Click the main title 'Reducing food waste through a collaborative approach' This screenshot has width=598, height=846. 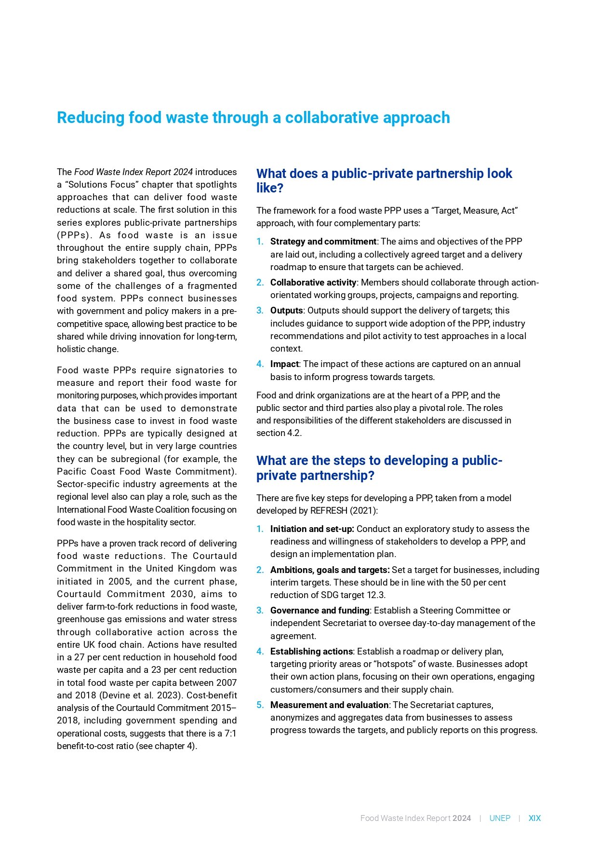coord(253,118)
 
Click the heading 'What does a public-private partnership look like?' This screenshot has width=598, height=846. coord(384,180)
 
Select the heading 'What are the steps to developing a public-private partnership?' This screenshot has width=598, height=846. coord(379,468)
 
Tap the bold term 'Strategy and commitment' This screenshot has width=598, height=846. coord(323,242)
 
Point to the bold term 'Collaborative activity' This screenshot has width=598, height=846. coord(313,283)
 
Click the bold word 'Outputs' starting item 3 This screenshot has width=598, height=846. coord(286,311)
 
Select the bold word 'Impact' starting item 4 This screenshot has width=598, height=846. coord(284,364)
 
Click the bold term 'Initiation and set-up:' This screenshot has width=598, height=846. coord(312,529)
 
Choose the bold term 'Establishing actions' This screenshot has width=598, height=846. coord(311,652)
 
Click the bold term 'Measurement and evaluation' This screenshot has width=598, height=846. coord(329,705)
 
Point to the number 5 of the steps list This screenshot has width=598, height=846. coord(260,705)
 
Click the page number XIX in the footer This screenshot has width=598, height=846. coord(534,818)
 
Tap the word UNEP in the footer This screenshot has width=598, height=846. coord(500,818)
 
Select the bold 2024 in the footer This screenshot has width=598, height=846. coord(462,818)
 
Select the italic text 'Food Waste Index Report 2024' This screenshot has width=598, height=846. coord(133,172)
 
